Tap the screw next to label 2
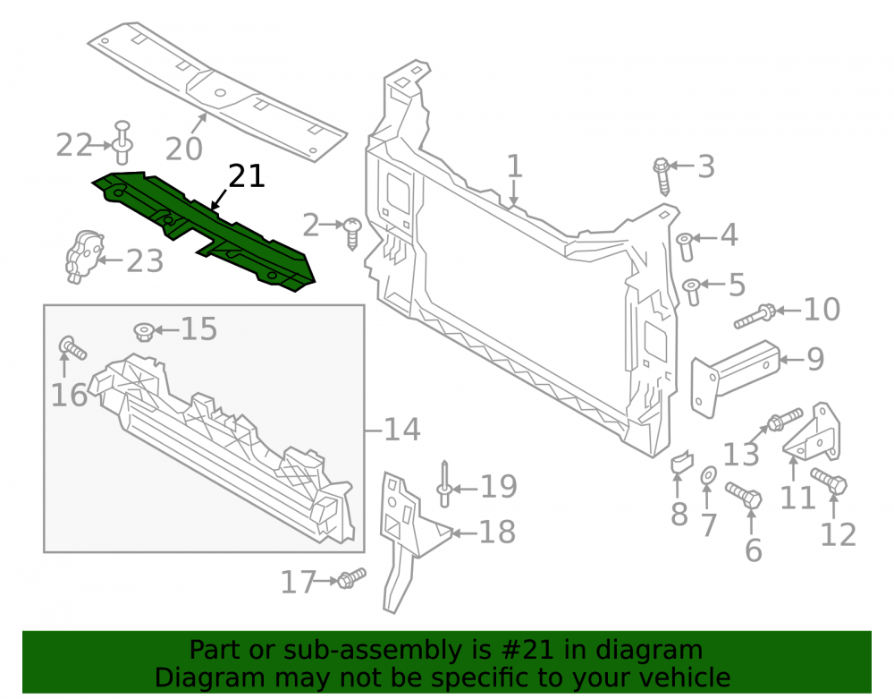(x=352, y=233)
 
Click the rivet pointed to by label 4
(x=686, y=246)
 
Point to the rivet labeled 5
(x=692, y=292)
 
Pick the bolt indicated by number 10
(x=755, y=318)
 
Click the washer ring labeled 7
(x=709, y=474)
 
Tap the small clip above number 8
(x=681, y=462)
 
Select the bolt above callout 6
(x=744, y=496)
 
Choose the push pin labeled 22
(x=123, y=141)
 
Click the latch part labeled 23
(x=83, y=256)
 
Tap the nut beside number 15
(x=144, y=331)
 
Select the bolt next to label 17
(x=351, y=578)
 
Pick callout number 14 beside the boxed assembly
(x=402, y=429)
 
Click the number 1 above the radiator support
(x=514, y=166)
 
